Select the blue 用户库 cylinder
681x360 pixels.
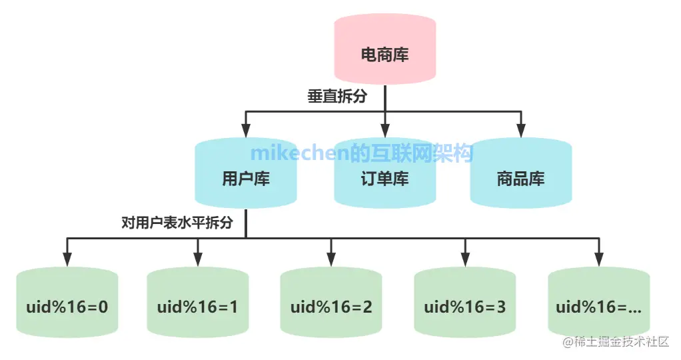point(246,179)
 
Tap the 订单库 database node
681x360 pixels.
point(384,179)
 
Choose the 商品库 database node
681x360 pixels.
point(520,179)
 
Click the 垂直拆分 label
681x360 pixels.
point(337,97)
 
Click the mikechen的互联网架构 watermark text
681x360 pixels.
point(362,153)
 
